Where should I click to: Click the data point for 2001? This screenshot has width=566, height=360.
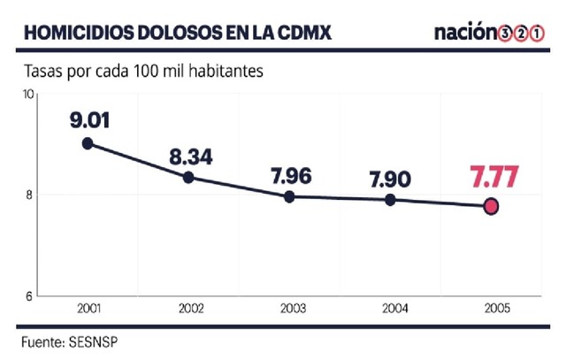tap(88, 143)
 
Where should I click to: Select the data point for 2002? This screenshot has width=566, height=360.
tap(188, 177)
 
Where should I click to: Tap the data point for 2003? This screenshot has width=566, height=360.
tap(289, 196)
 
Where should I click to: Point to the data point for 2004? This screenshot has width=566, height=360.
tap(390, 200)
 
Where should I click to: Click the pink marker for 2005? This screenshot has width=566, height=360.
tap(491, 206)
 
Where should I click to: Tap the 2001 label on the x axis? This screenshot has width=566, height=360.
tap(88, 310)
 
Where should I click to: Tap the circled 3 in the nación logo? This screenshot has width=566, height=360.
tap(505, 34)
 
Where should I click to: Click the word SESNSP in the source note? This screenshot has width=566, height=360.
tap(93, 341)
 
